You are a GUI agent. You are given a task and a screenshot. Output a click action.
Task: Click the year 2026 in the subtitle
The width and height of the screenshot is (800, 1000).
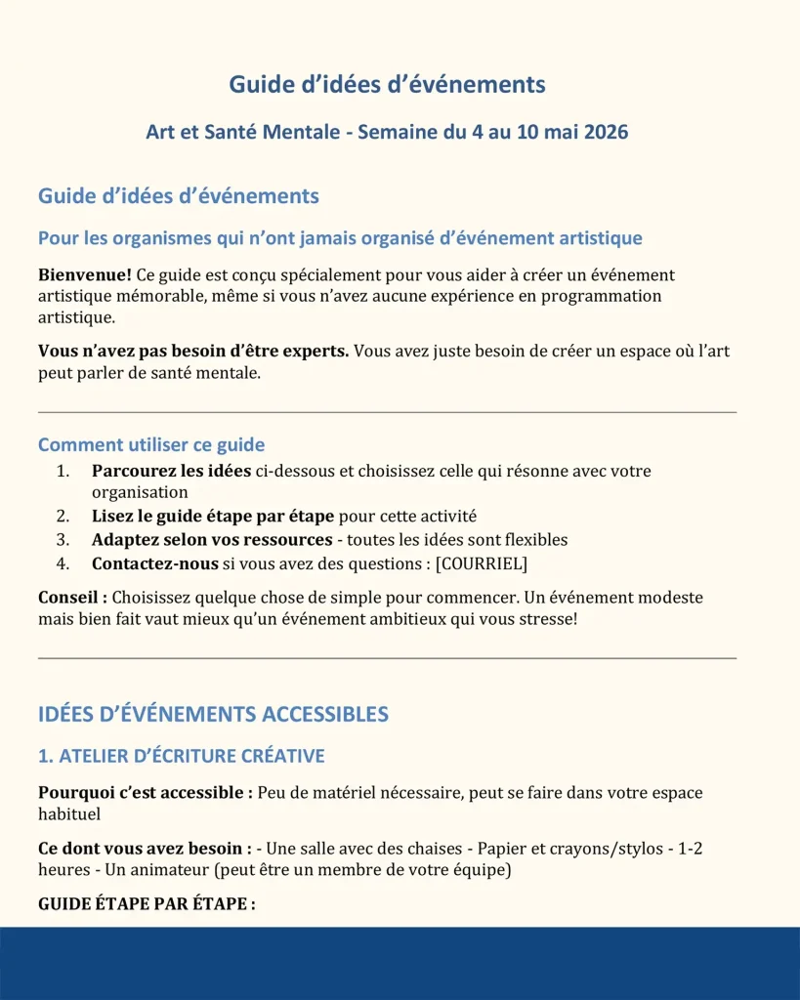tap(606, 132)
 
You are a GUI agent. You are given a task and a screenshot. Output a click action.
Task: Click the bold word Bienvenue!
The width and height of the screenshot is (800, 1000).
tap(85, 275)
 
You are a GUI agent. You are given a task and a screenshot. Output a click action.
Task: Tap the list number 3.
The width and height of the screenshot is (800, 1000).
tap(63, 539)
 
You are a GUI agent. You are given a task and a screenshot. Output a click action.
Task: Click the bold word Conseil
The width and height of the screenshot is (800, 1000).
tap(73, 597)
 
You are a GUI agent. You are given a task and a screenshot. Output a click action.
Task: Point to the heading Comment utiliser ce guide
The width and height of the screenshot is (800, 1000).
tap(151, 445)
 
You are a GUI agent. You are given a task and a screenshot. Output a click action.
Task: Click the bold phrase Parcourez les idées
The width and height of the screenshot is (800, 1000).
tap(171, 471)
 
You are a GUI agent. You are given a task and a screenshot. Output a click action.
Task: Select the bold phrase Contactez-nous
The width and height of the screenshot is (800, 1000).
tap(155, 562)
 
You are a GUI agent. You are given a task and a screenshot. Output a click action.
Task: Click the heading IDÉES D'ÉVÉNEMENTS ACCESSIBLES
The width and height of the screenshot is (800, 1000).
tap(213, 714)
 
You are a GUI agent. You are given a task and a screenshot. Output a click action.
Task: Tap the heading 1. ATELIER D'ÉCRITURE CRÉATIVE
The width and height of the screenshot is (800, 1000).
tap(181, 756)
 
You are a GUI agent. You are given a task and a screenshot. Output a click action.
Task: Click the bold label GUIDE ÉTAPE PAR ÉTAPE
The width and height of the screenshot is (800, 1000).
tap(147, 903)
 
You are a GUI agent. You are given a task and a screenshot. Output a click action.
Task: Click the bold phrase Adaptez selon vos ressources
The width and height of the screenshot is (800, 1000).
tap(212, 539)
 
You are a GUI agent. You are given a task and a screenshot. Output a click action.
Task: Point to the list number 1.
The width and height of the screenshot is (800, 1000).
tap(63, 471)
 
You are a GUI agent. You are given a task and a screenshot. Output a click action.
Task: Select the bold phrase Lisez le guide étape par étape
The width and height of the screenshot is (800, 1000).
tap(213, 516)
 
